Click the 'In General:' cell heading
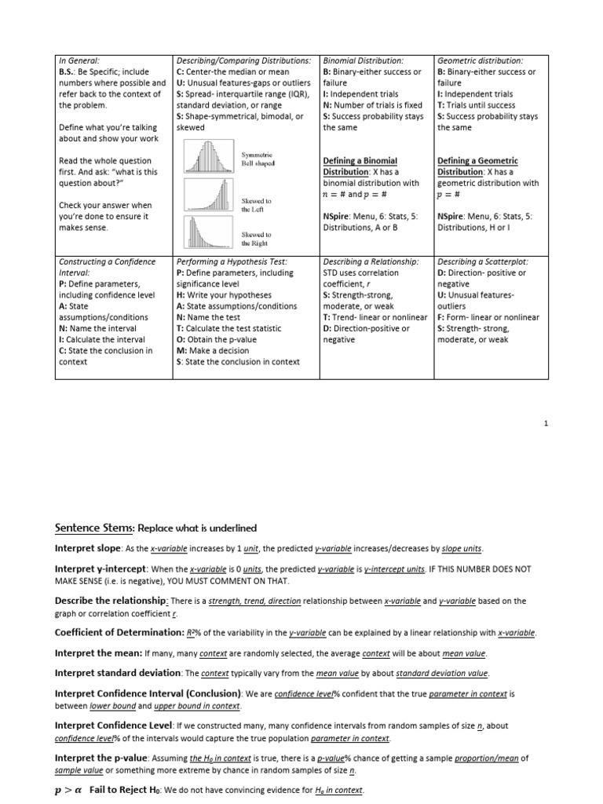(x=79, y=60)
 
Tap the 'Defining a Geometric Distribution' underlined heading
(x=477, y=166)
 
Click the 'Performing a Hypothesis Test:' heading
(x=232, y=261)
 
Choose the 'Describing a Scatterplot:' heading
(x=482, y=261)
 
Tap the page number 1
(x=546, y=424)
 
